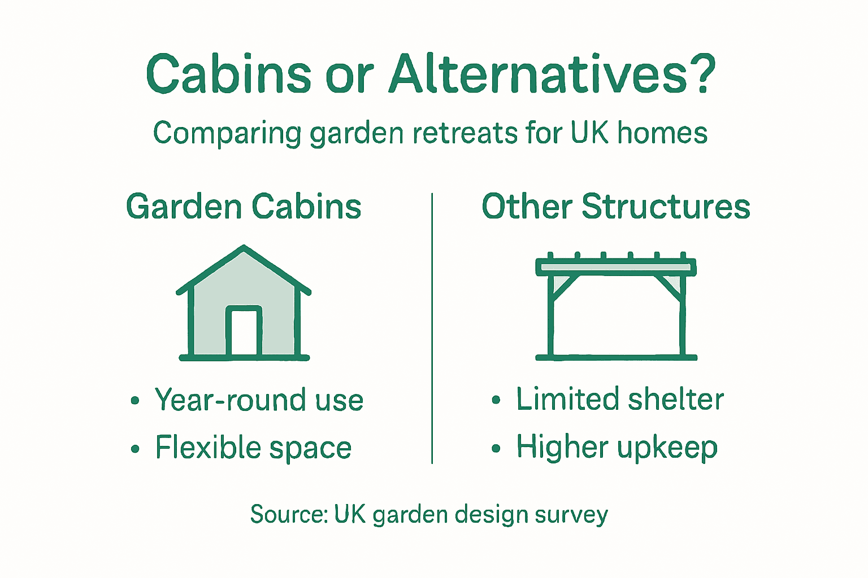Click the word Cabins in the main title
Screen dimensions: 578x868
tap(228, 74)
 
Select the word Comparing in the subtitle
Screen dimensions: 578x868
tap(228, 134)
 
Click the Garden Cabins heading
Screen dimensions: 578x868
tap(244, 207)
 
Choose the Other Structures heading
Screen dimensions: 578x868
tap(615, 207)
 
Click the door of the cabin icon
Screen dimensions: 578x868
tap(244, 332)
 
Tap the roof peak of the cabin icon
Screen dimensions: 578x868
tap(244, 248)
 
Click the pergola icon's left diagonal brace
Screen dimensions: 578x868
tap(563, 287)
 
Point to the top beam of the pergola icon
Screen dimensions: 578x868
tap(615, 266)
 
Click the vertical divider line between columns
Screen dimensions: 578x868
tap(432, 327)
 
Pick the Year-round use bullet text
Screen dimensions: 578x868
tap(259, 400)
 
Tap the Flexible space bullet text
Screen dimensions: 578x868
tap(253, 448)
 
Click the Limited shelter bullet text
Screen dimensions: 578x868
tap(619, 400)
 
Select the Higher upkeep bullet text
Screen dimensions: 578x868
tap(617, 448)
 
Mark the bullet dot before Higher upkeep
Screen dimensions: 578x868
tap(496, 449)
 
